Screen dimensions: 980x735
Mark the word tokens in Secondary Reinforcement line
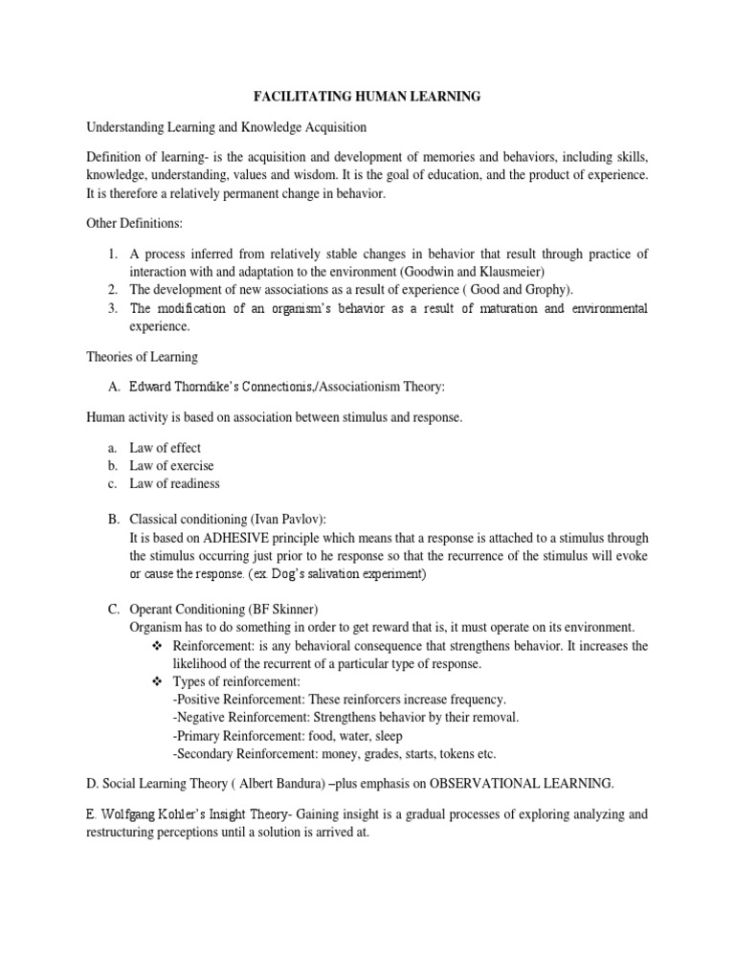(x=447, y=754)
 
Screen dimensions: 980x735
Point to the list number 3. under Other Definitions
(x=112, y=307)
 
